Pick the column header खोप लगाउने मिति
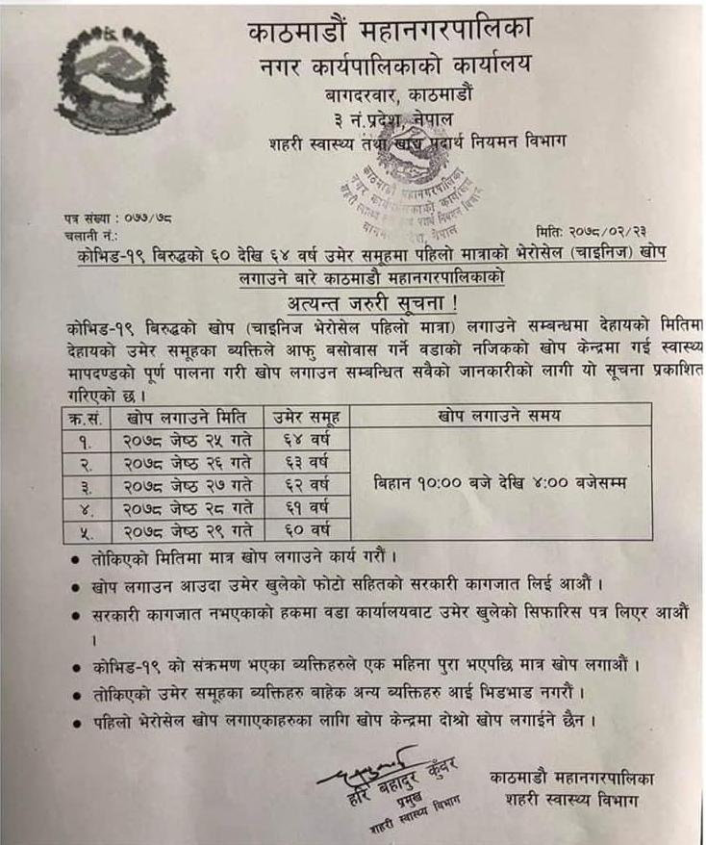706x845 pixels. click(187, 417)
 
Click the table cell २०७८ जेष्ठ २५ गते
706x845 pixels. click(187, 440)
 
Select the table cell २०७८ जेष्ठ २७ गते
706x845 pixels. click(187, 484)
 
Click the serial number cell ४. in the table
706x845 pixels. click(87, 506)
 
